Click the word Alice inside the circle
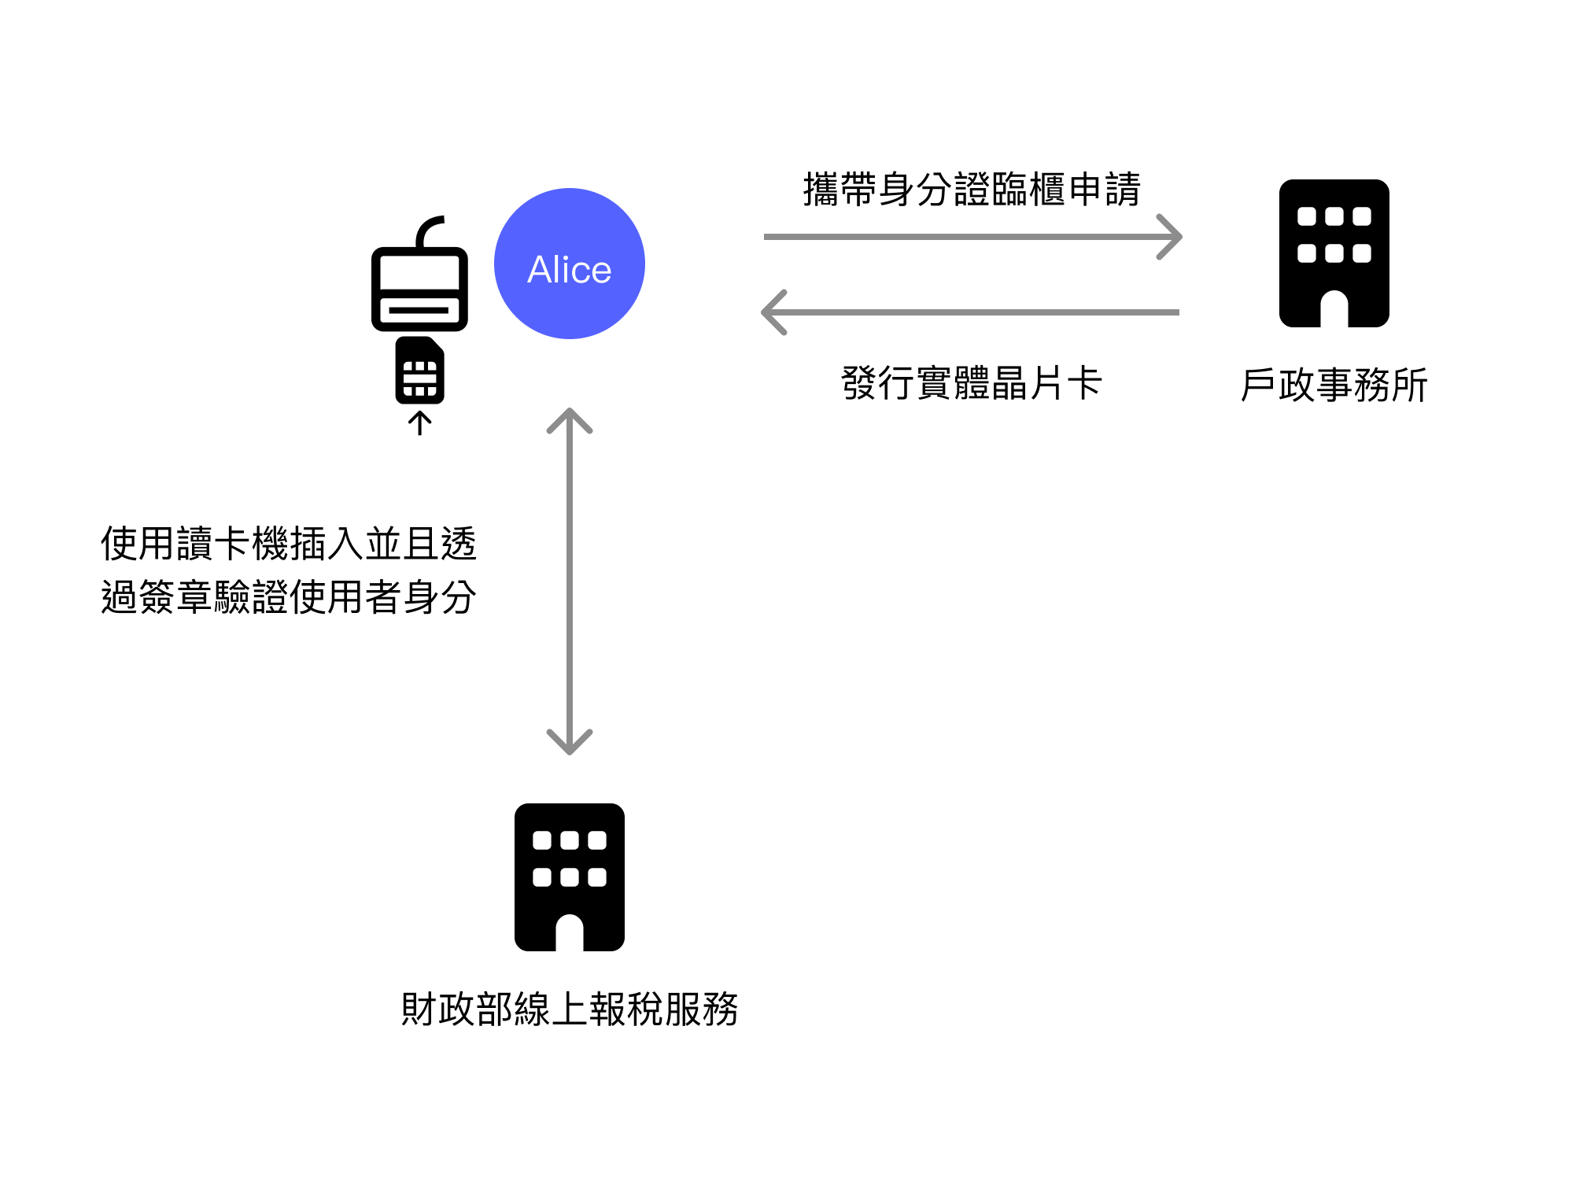pyautogui.click(x=569, y=270)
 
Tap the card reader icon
pyautogui.click(x=419, y=288)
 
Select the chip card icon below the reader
pyautogui.click(x=419, y=371)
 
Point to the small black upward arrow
pyautogui.click(x=419, y=423)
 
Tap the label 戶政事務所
pyautogui.click(x=1334, y=386)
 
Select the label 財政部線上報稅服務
pyautogui.click(x=569, y=1009)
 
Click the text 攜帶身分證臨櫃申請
pyautogui.click(x=972, y=190)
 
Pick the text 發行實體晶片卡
pyautogui.click(x=972, y=384)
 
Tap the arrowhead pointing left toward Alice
pyautogui.click(x=773, y=312)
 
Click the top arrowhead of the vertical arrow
pyautogui.click(x=569, y=419)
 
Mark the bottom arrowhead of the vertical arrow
pyautogui.click(x=569, y=744)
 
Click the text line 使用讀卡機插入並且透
pyautogui.click(x=289, y=544)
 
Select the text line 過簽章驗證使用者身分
pyautogui.click(x=289, y=596)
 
